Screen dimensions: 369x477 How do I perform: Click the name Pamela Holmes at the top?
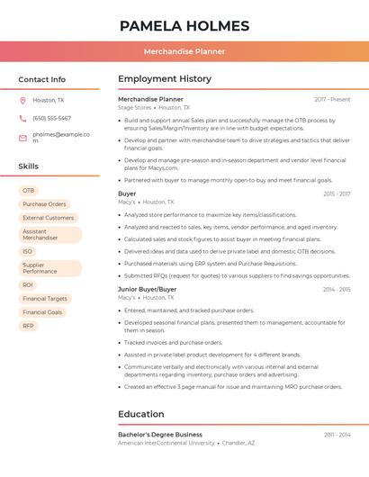pyautogui.click(x=184, y=25)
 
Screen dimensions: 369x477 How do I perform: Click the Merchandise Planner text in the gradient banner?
pyautogui.click(x=184, y=51)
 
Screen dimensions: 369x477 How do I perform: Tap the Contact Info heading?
pyautogui.click(x=41, y=79)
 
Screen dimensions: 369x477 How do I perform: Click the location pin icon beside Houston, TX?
pyautogui.click(x=22, y=101)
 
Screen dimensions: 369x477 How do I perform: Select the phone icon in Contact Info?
pyautogui.click(x=22, y=118)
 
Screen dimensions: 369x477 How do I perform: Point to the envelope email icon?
pyautogui.click(x=22, y=138)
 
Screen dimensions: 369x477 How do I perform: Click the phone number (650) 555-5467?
pyautogui.click(x=51, y=118)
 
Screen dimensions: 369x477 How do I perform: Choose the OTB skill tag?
pyautogui.click(x=28, y=191)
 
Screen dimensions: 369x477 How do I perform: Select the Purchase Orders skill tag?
pyautogui.click(x=44, y=204)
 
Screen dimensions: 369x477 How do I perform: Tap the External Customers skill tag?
pyautogui.click(x=48, y=218)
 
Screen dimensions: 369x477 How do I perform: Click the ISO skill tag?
pyautogui.click(x=28, y=251)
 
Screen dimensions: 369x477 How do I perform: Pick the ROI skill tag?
pyautogui.click(x=28, y=284)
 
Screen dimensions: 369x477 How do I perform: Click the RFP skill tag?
pyautogui.click(x=28, y=326)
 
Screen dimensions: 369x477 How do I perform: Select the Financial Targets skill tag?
pyautogui.click(x=45, y=298)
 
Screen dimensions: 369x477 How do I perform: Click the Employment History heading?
pyautogui.click(x=165, y=79)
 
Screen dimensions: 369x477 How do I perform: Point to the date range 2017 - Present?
pyautogui.click(x=332, y=99)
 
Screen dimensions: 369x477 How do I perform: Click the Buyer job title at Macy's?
pyautogui.click(x=127, y=193)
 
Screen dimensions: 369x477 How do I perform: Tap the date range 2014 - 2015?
pyautogui.click(x=336, y=289)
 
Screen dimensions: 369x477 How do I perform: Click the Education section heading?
pyautogui.click(x=140, y=414)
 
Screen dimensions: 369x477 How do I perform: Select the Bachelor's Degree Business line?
pyautogui.click(x=160, y=434)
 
